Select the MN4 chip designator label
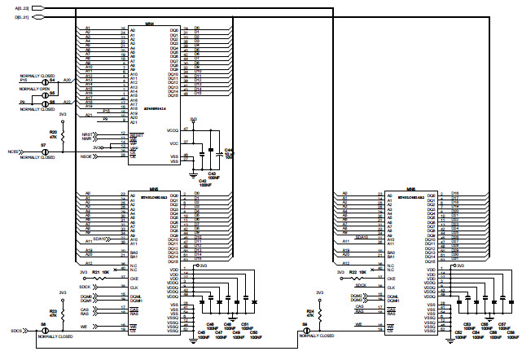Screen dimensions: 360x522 click(x=149, y=24)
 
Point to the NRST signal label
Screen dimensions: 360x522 click(x=88, y=133)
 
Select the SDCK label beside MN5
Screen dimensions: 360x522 click(x=85, y=287)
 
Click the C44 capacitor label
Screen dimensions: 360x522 click(x=228, y=150)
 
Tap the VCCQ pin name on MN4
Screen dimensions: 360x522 click(x=172, y=130)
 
